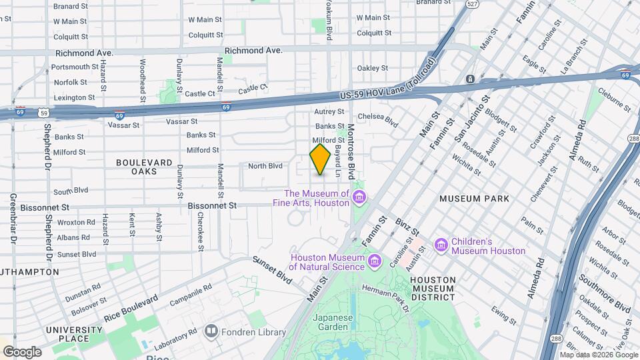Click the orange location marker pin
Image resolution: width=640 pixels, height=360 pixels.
tap(320, 159)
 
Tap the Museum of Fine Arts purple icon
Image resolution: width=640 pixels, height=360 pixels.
tap(360, 197)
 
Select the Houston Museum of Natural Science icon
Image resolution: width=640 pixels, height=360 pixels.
tap(373, 259)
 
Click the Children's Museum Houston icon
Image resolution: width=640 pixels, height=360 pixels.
tap(441, 246)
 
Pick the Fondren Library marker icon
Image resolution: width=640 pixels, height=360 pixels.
tap(211, 330)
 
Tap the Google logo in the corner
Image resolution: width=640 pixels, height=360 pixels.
tap(22, 352)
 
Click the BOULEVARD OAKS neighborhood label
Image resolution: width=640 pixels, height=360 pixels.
tap(144, 167)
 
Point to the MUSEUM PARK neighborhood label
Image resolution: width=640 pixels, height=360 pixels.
tap(474, 199)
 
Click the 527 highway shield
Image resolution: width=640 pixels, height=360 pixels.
tap(472, 4)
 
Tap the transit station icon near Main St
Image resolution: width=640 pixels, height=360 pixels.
tap(471, 79)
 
